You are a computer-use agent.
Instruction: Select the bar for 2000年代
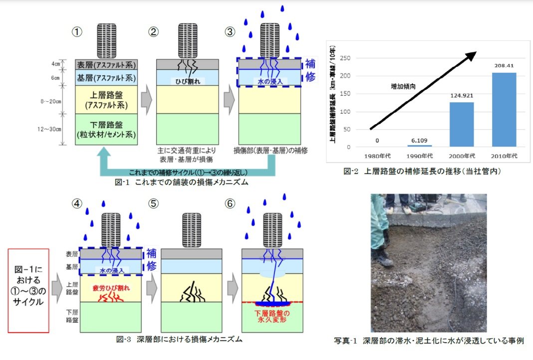pyautogui.click(x=461, y=125)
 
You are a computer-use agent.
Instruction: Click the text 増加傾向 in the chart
pyautogui.click(x=403, y=86)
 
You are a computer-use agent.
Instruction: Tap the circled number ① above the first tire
pyautogui.click(x=77, y=32)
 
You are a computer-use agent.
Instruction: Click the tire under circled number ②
pyautogui.click(x=188, y=41)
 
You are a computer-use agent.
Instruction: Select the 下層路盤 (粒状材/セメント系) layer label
pyautogui.click(x=106, y=129)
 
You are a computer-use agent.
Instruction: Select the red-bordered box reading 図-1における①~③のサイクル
pyautogui.click(x=28, y=290)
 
